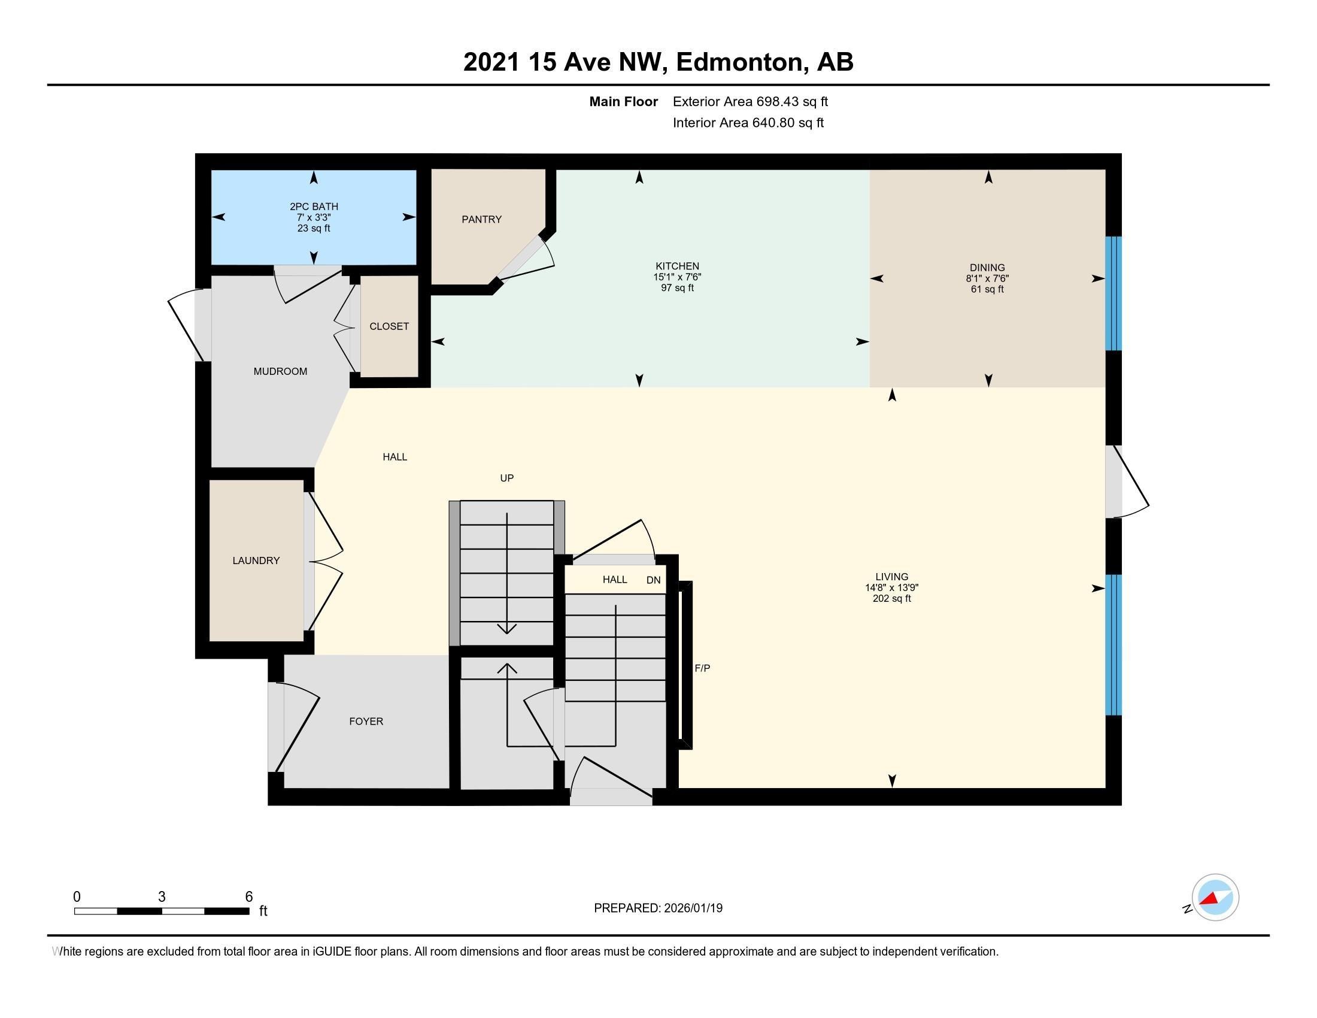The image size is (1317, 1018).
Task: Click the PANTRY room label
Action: tap(481, 220)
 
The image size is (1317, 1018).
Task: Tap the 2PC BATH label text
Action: tap(314, 207)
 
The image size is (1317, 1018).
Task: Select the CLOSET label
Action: tap(389, 326)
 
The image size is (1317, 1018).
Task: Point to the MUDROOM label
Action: tap(280, 371)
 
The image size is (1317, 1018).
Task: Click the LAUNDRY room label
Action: tap(256, 561)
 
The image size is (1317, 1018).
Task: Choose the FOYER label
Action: tap(366, 722)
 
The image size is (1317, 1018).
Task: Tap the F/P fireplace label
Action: tap(703, 668)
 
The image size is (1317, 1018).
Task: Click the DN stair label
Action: tap(653, 580)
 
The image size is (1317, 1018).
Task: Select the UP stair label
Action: tap(506, 478)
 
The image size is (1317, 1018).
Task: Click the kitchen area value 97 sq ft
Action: tap(677, 288)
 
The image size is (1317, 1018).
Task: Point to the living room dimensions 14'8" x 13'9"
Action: tap(891, 587)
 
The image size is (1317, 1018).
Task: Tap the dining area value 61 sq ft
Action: tap(987, 289)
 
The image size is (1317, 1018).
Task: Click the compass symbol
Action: tap(1215, 898)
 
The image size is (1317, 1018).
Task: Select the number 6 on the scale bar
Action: tap(248, 897)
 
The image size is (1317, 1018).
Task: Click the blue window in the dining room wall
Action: tap(1113, 293)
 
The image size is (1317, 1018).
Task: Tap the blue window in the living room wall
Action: tap(1113, 644)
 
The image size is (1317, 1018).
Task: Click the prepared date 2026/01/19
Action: tap(692, 908)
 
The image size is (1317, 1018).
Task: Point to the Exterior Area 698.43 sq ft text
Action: tap(750, 102)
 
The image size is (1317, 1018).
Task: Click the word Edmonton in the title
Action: tap(742, 62)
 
